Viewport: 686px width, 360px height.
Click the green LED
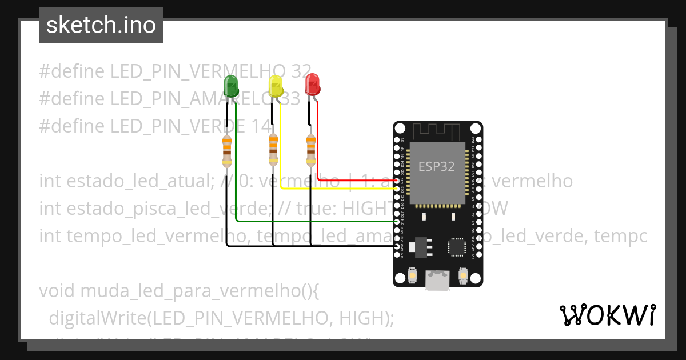pyautogui.click(x=232, y=86)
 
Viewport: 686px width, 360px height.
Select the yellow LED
pyautogui.click(x=276, y=86)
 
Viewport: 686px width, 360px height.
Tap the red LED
pyautogui.click(x=312, y=85)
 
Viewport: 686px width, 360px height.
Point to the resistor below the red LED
pyautogui.click(x=310, y=150)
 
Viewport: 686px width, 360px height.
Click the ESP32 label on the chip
pyautogui.click(x=437, y=166)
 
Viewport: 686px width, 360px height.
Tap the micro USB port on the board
pyautogui.click(x=437, y=280)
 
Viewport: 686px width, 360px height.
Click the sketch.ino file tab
pyautogui.click(x=101, y=25)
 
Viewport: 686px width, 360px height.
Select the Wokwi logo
pyautogui.click(x=607, y=315)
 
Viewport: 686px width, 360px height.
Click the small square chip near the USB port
pyautogui.click(x=457, y=247)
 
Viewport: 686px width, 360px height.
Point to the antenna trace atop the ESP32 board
pyautogui.click(x=437, y=130)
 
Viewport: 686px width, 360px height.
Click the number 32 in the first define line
pyautogui.click(x=301, y=71)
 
